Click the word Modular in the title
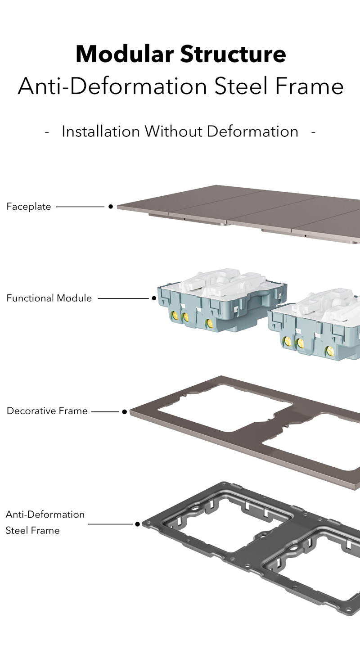tap(125, 54)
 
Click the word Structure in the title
tap(233, 54)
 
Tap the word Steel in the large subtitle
tap(241, 86)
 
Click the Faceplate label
tap(29, 207)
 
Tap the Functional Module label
tap(49, 298)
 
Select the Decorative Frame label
tap(47, 411)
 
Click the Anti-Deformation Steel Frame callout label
tap(45, 522)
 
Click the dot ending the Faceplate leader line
tap(111, 207)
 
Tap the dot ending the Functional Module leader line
tap(154, 298)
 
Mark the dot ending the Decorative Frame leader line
tap(125, 411)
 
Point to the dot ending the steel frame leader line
tap(138, 524)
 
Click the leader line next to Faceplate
tap(80, 207)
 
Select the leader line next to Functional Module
tap(123, 298)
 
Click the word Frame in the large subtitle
tap(310, 86)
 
